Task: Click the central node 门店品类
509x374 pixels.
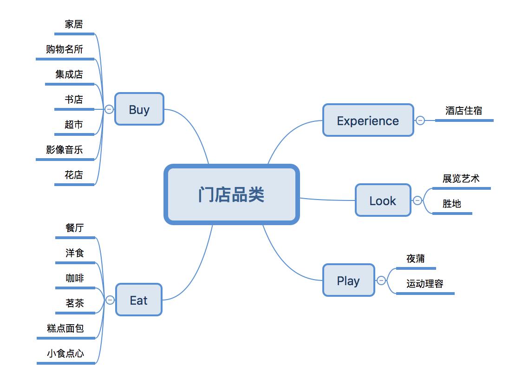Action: [231, 194]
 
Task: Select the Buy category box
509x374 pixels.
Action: [139, 109]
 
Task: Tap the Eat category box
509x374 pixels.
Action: [138, 300]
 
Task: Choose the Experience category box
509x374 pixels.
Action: [368, 120]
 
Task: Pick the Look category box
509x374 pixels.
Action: [383, 200]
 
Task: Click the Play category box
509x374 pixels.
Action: [348, 280]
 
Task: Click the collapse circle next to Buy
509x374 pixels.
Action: [109, 109]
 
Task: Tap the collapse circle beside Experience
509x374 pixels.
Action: [420, 120]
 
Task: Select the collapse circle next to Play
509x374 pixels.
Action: [381, 280]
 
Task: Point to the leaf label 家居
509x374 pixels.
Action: [74, 24]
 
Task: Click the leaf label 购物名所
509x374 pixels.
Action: [65, 49]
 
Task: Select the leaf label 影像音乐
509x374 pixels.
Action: [65, 150]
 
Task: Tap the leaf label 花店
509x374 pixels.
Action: [74, 175]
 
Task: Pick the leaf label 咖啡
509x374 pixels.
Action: [75, 278]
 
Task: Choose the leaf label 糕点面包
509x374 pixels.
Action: [65, 328]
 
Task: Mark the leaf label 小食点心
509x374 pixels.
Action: [65, 354]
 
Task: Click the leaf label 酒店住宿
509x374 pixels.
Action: [463, 111]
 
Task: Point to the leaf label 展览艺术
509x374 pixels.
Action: [461, 179]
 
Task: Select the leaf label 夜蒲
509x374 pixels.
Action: [415, 259]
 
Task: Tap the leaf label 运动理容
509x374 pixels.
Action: [424, 284]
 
